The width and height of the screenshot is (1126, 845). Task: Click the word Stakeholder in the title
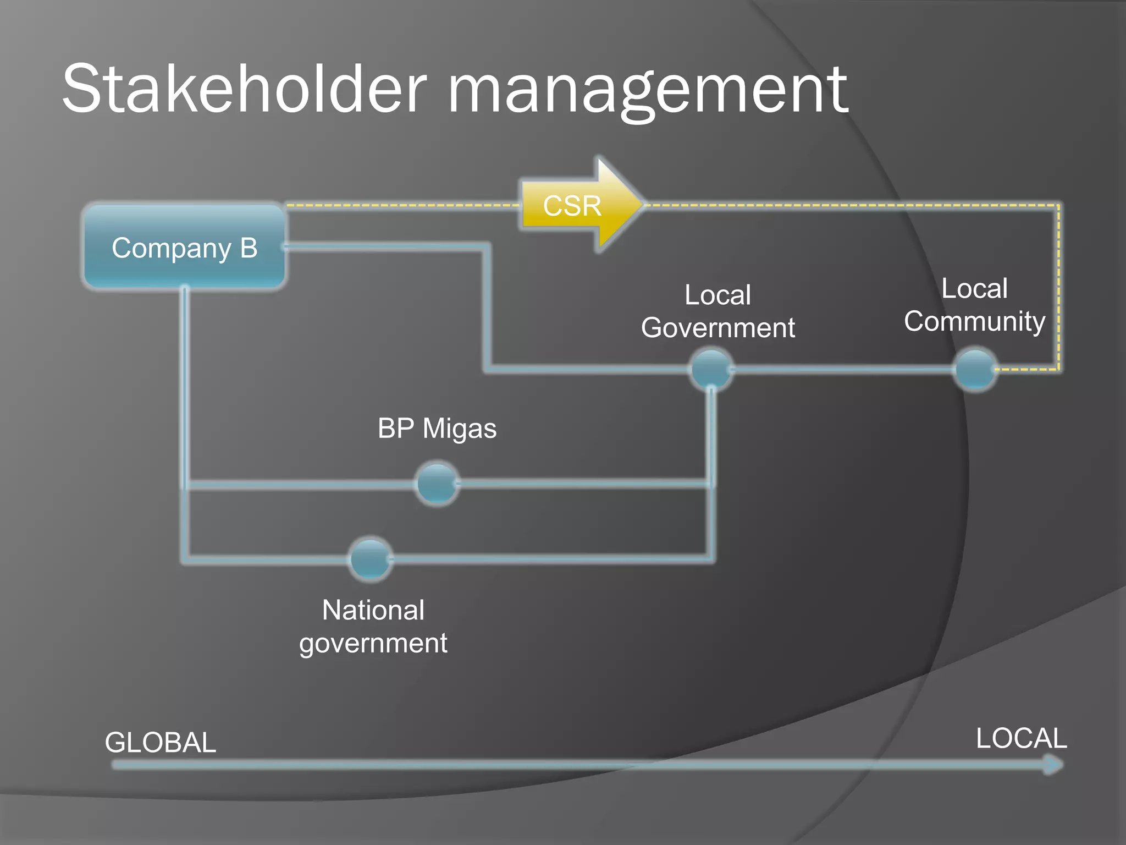[244, 89]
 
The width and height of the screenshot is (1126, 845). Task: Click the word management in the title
[649, 91]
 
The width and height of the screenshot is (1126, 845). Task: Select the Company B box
[184, 247]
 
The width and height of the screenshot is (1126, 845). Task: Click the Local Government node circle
[711, 369]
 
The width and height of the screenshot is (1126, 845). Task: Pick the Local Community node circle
[975, 369]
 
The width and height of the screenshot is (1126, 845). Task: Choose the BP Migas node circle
[437, 484]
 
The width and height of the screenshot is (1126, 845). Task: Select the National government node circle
[371, 559]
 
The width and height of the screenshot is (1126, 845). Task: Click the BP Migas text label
[437, 429]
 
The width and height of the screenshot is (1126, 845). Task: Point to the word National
[373, 610]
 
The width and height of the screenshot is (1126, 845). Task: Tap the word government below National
[373, 643]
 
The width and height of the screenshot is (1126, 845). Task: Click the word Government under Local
[718, 328]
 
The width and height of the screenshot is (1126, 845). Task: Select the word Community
[974, 321]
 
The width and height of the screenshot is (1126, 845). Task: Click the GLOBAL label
[161, 742]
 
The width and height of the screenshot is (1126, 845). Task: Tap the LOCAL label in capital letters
[1021, 738]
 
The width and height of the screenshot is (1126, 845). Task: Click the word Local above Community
[974, 288]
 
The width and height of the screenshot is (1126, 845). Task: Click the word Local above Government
[717, 295]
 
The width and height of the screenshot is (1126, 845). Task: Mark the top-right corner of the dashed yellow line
[1058, 206]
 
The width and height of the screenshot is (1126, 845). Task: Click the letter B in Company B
[249, 248]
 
